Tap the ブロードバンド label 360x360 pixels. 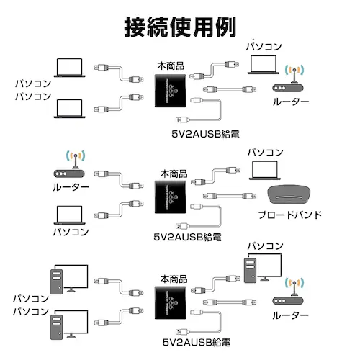(x=289, y=215)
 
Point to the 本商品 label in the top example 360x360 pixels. (x=170, y=66)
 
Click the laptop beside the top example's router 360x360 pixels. (x=263, y=65)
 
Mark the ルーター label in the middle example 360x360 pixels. (x=71, y=188)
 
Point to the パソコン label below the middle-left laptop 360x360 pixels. (x=71, y=232)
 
